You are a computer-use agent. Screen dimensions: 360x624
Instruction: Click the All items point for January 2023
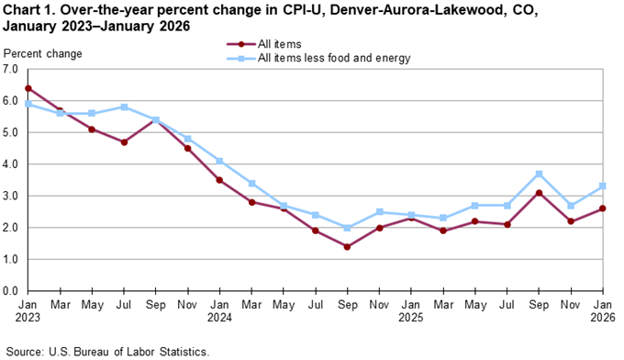[28, 88]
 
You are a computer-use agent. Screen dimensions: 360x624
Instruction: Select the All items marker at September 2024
[348, 247]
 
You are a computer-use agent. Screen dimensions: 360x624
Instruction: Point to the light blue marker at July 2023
[124, 107]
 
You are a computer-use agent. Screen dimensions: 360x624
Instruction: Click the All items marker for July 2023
[124, 142]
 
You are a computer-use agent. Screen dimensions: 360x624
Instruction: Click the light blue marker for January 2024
[220, 162]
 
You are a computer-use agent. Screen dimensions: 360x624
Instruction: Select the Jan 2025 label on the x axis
[412, 312]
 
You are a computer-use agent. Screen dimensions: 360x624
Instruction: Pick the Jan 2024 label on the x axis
[220, 312]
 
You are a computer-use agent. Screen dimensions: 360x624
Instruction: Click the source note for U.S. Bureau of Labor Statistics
[108, 351]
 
